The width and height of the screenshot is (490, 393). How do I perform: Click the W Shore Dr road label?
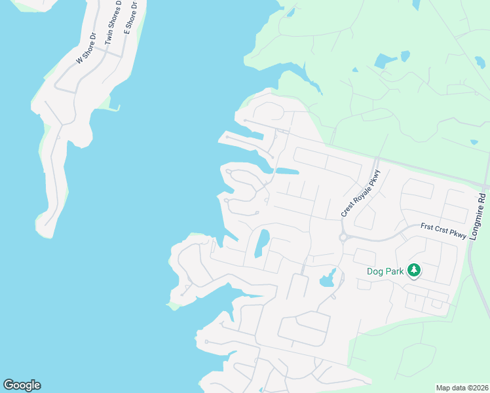pyautogui.click(x=86, y=48)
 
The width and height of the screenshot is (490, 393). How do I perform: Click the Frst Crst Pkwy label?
pyautogui.click(x=443, y=231)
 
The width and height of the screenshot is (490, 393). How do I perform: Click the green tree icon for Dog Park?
pyautogui.click(x=413, y=270)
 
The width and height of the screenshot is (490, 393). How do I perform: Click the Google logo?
pyautogui.click(x=22, y=385)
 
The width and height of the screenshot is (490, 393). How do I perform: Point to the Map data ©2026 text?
pyautogui.click(x=462, y=387)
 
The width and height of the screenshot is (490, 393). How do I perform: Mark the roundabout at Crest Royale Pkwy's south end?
pyautogui.click(x=343, y=238)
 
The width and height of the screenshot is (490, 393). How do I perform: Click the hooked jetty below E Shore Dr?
pyautogui.click(x=114, y=107)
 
